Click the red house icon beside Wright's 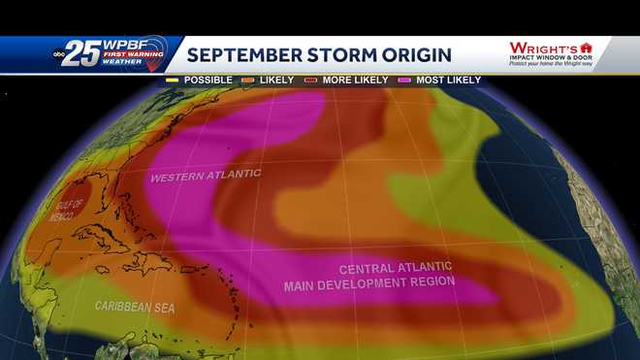[x=586, y=47]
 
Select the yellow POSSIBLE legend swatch [x=173, y=80]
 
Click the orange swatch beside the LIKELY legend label [x=249, y=80]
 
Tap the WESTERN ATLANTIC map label [x=206, y=175]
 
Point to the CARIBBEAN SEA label [x=135, y=306]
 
